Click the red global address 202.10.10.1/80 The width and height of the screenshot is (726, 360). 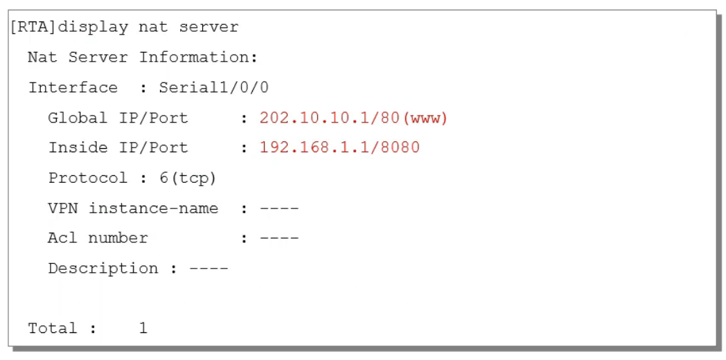point(330,118)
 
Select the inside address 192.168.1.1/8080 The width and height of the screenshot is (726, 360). point(339,147)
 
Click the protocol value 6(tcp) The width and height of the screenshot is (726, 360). point(188,178)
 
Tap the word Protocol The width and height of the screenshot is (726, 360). point(87,178)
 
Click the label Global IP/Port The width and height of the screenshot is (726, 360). point(118,118)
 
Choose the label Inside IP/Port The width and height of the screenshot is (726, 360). point(118,147)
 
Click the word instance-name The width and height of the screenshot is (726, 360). point(153,208)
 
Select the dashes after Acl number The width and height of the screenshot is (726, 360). point(278,238)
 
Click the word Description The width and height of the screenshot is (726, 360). point(103,269)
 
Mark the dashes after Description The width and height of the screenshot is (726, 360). point(208,269)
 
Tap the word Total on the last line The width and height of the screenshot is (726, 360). point(53,328)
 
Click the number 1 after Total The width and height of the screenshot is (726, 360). point(143,328)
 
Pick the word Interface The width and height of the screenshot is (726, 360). point(73,88)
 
